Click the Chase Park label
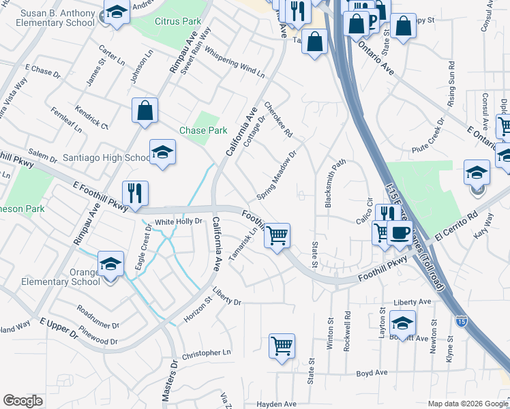[x=202, y=130]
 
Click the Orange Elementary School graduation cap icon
[x=111, y=263]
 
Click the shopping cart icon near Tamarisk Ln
[x=277, y=236]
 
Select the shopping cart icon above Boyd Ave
[x=282, y=346]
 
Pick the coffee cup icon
[x=399, y=232]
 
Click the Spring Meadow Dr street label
[x=277, y=176]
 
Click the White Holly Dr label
[x=179, y=222]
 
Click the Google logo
[x=22, y=401]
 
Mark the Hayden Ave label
[x=277, y=404]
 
